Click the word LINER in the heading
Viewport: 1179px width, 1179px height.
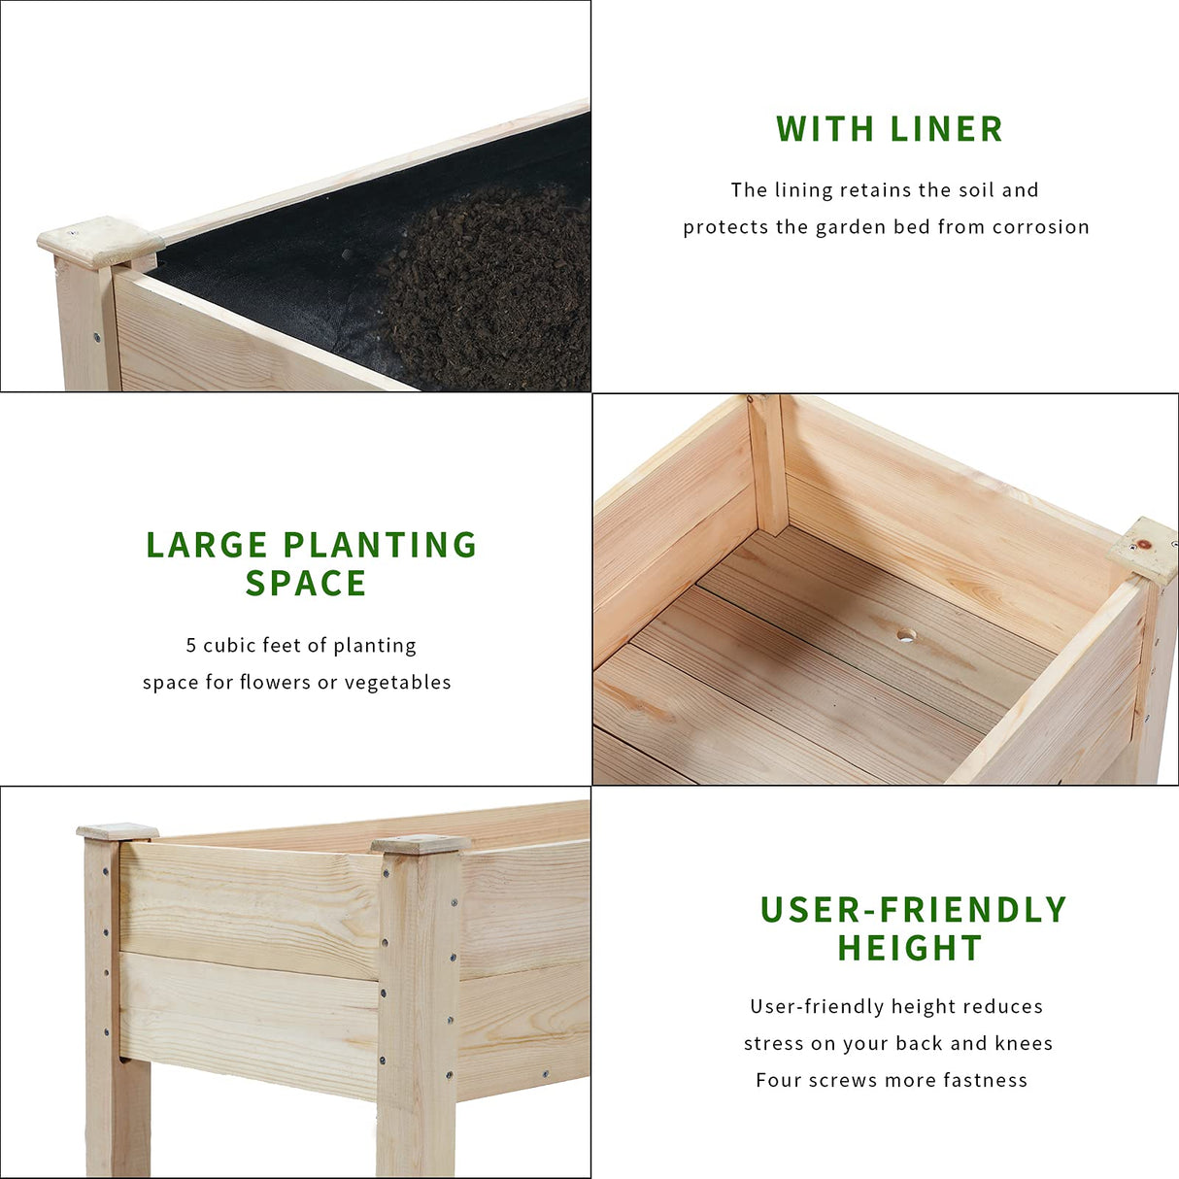(x=946, y=129)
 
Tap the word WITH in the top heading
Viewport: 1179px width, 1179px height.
(x=824, y=129)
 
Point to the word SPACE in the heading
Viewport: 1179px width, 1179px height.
(x=306, y=584)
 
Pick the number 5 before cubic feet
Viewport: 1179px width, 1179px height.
(x=191, y=646)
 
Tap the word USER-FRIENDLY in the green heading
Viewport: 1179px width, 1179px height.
(x=913, y=910)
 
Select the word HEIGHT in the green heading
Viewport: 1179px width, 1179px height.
(x=910, y=948)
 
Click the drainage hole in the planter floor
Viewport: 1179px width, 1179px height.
(x=906, y=635)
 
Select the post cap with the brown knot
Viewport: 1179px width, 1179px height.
(x=1147, y=548)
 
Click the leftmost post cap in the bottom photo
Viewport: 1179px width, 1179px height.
(x=117, y=832)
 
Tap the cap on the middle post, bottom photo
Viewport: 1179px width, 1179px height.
(x=420, y=845)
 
